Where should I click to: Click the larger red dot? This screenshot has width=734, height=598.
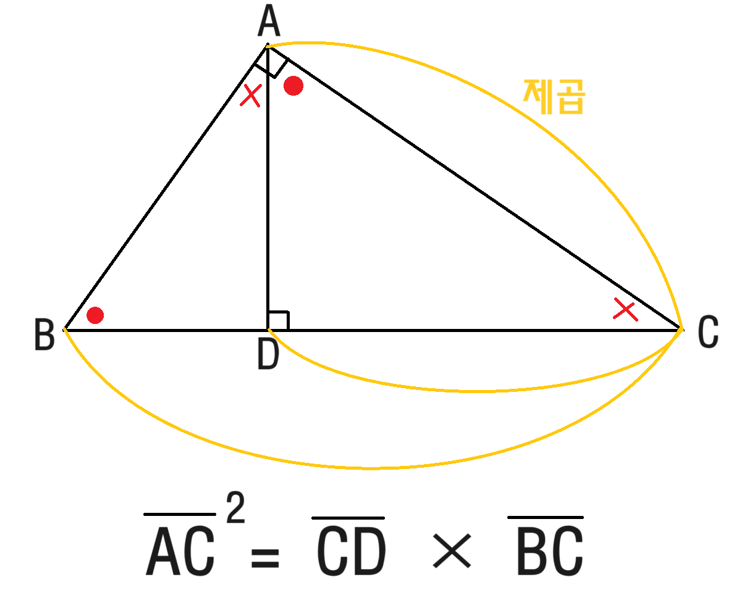(x=293, y=86)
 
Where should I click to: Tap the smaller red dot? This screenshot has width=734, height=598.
(x=95, y=315)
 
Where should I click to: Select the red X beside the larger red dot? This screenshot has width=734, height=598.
(x=251, y=96)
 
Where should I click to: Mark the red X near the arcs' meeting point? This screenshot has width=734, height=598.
(x=625, y=309)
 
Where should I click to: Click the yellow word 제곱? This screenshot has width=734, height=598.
(x=554, y=96)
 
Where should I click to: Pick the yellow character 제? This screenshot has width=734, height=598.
(x=538, y=96)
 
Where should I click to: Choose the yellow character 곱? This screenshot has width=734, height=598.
(x=570, y=96)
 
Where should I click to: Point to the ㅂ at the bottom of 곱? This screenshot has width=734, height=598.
(x=570, y=107)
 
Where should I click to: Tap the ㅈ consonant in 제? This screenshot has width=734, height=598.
(x=531, y=94)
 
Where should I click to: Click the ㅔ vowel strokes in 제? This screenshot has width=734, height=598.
(x=546, y=96)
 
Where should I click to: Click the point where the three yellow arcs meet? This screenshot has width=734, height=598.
(x=681, y=330)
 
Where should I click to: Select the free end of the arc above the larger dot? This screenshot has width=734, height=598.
(x=267, y=46)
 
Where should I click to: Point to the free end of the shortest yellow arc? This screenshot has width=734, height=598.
(x=269, y=330)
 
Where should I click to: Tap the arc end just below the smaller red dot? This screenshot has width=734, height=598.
(x=64, y=328)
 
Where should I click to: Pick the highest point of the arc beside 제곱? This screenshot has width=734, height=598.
(x=312, y=43)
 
